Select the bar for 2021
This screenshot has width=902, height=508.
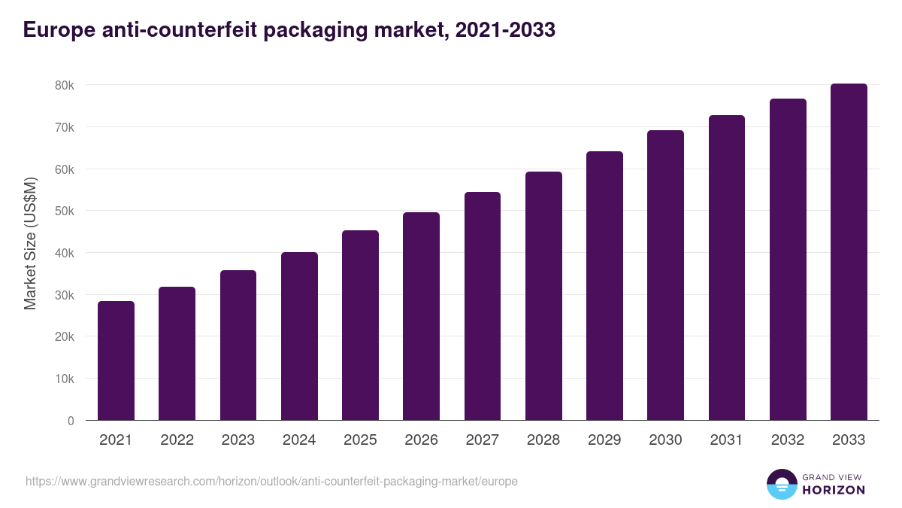[x=116, y=360]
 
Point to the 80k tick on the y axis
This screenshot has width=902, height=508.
[x=65, y=86]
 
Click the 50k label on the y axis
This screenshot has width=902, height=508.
[x=65, y=211]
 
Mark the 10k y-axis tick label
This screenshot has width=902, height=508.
[x=65, y=379]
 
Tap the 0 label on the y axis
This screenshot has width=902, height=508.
[x=71, y=421]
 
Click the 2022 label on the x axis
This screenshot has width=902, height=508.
[x=177, y=440]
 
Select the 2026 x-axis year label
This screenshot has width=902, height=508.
[x=421, y=440]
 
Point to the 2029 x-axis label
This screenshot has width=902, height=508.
[x=604, y=440]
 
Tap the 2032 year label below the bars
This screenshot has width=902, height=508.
[x=788, y=440]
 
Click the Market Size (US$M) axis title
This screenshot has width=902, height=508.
[x=30, y=243]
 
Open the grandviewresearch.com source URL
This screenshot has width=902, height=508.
[x=271, y=481]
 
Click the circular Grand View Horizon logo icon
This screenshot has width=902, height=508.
[x=781, y=484]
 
